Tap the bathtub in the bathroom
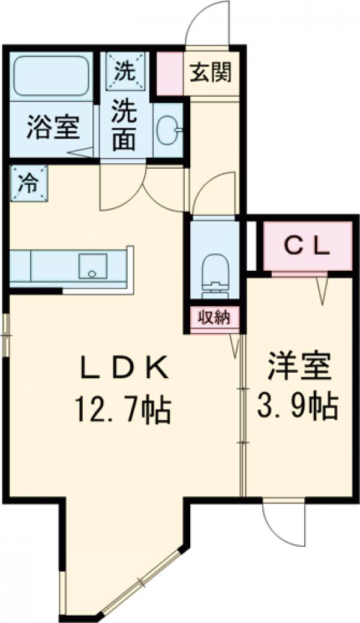51,76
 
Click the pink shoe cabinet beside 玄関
170,73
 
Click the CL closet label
307,245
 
